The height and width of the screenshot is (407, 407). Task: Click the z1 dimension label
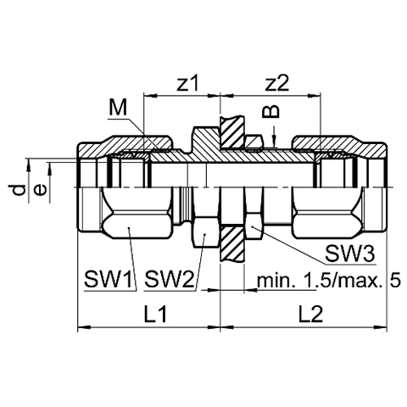(187, 84)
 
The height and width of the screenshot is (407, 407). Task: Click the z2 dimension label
(277, 84)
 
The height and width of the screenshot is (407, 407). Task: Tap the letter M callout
(118, 108)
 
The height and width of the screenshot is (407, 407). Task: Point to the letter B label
(271, 112)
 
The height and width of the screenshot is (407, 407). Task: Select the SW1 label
(109, 278)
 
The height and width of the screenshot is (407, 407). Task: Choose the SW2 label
(169, 278)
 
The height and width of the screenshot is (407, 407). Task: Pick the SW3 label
(350, 254)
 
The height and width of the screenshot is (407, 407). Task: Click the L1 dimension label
(155, 315)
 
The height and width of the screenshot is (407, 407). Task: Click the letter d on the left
(20, 190)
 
